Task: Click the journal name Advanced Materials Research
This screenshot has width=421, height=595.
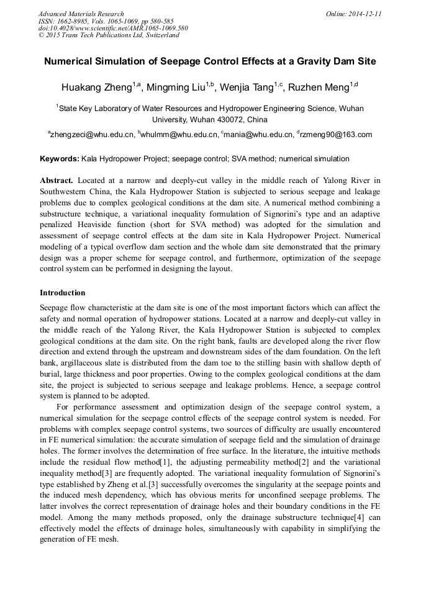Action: [x=81, y=14]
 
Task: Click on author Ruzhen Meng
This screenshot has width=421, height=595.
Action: [x=320, y=87]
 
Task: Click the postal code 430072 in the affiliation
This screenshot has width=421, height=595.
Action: [x=226, y=119]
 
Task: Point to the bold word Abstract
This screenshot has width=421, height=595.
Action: [x=57, y=181]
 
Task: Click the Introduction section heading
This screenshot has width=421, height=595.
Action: [x=63, y=292]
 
